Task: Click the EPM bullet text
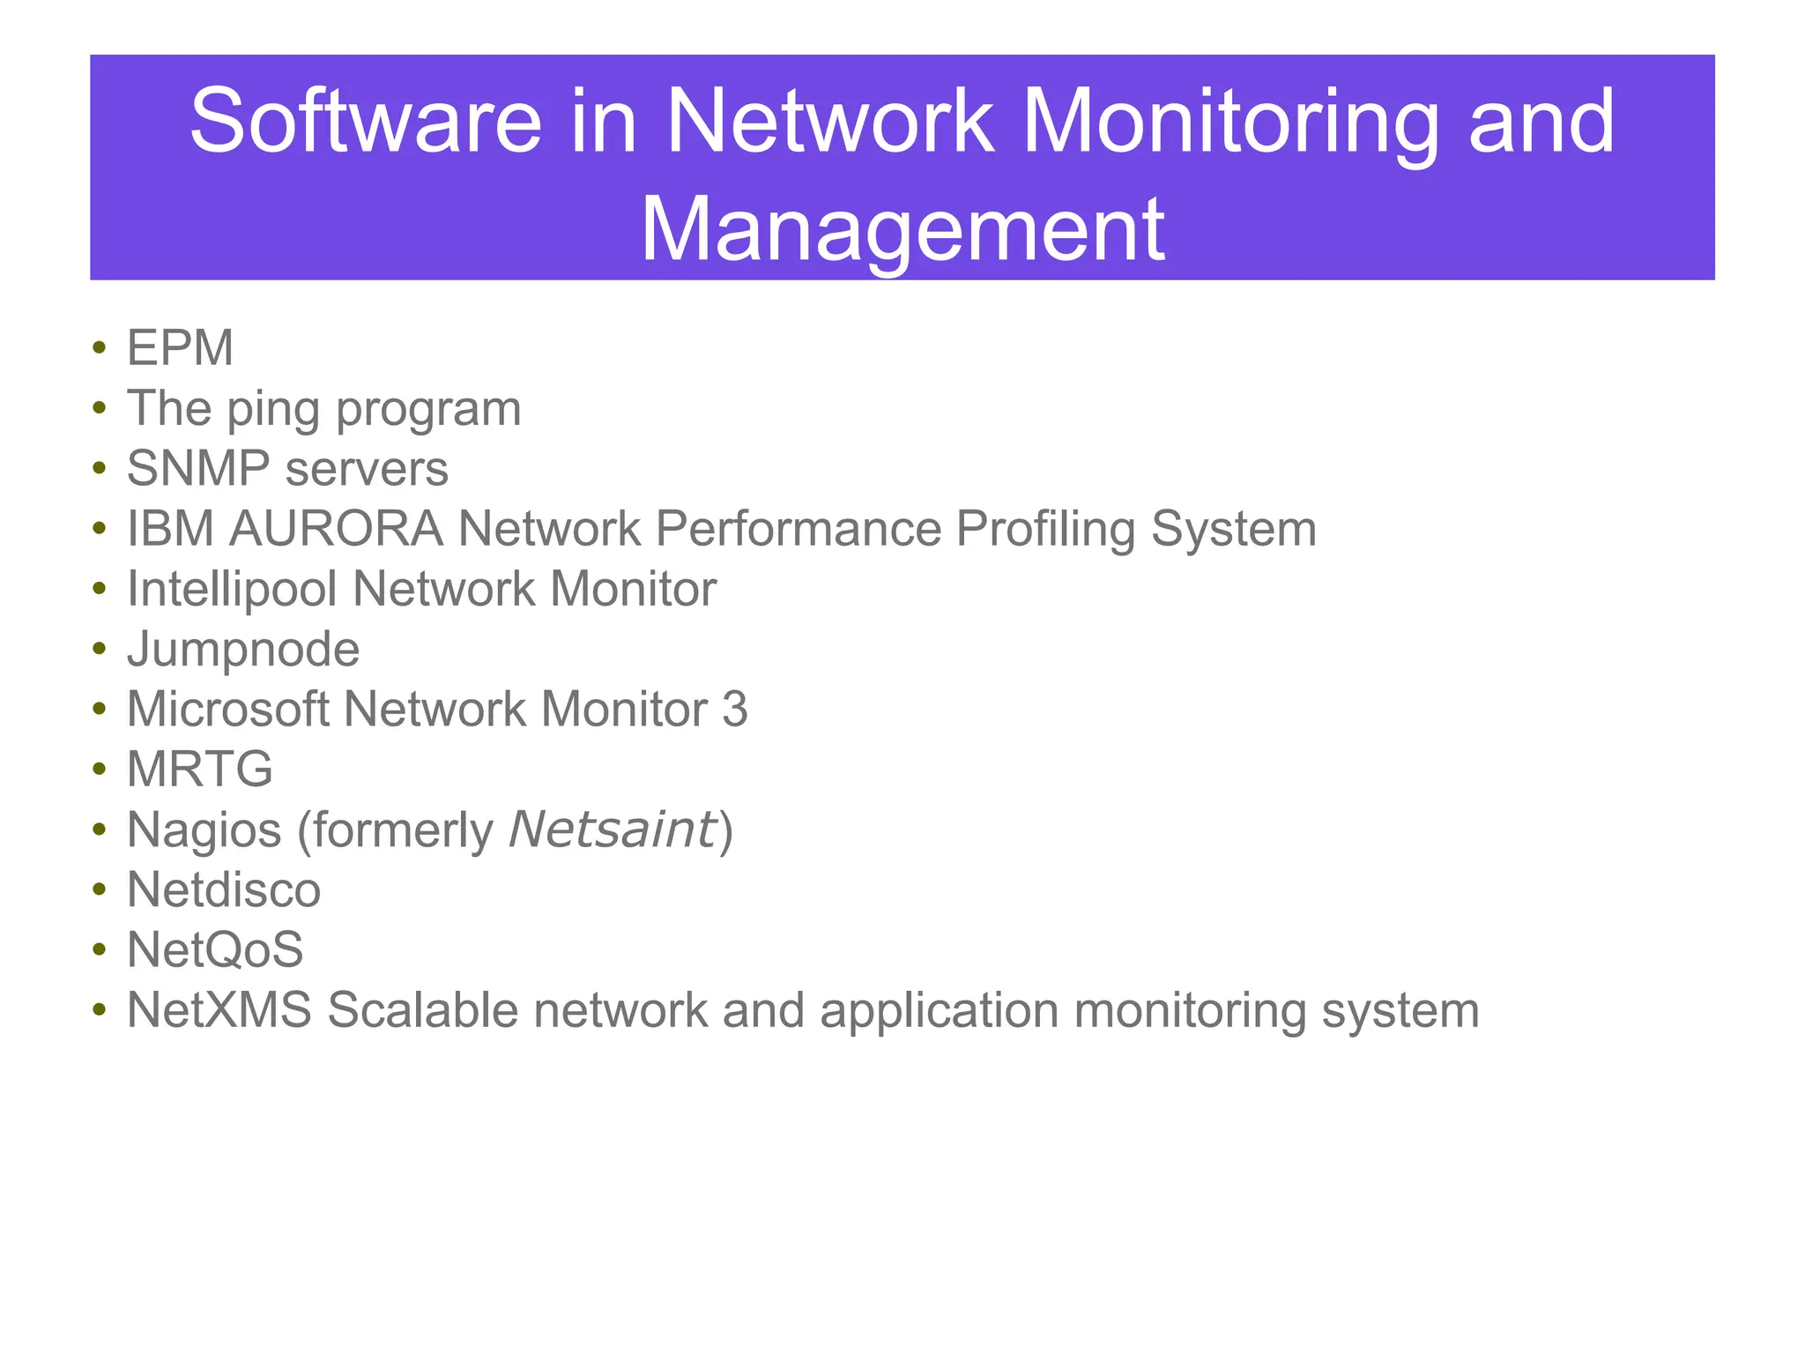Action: point(180,347)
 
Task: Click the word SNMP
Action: point(198,468)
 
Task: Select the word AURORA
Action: point(336,529)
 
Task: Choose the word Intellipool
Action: point(232,589)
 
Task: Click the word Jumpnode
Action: point(243,650)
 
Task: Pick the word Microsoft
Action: point(227,709)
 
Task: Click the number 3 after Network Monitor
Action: point(734,709)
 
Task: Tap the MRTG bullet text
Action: point(200,770)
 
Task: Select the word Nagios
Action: point(204,830)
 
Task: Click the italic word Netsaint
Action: point(613,830)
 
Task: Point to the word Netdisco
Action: point(224,889)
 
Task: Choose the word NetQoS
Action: point(215,949)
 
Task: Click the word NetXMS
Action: point(219,1010)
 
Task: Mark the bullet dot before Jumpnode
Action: point(100,651)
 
